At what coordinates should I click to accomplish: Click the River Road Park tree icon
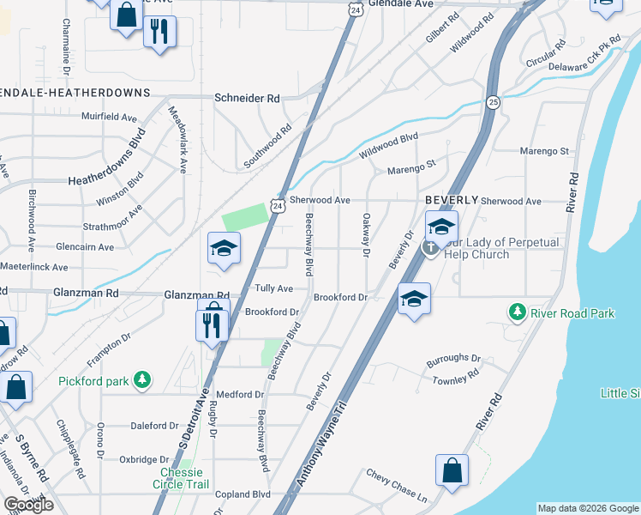click(x=517, y=312)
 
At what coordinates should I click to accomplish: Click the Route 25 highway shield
click(x=493, y=102)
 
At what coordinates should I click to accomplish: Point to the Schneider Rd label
click(x=248, y=99)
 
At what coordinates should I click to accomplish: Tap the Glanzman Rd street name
click(x=87, y=293)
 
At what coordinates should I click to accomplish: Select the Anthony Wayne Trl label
click(x=323, y=444)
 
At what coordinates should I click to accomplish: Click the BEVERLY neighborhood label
click(x=452, y=199)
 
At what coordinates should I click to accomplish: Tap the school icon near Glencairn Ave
click(x=224, y=248)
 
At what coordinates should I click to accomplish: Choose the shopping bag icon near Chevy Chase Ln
click(x=452, y=470)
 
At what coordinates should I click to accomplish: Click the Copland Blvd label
click(x=243, y=494)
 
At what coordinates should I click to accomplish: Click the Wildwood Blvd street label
click(x=388, y=143)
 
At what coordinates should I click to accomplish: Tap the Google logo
click(x=28, y=505)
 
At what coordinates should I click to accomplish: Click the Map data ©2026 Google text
click(x=587, y=508)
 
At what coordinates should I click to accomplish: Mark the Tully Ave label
click(x=274, y=288)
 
